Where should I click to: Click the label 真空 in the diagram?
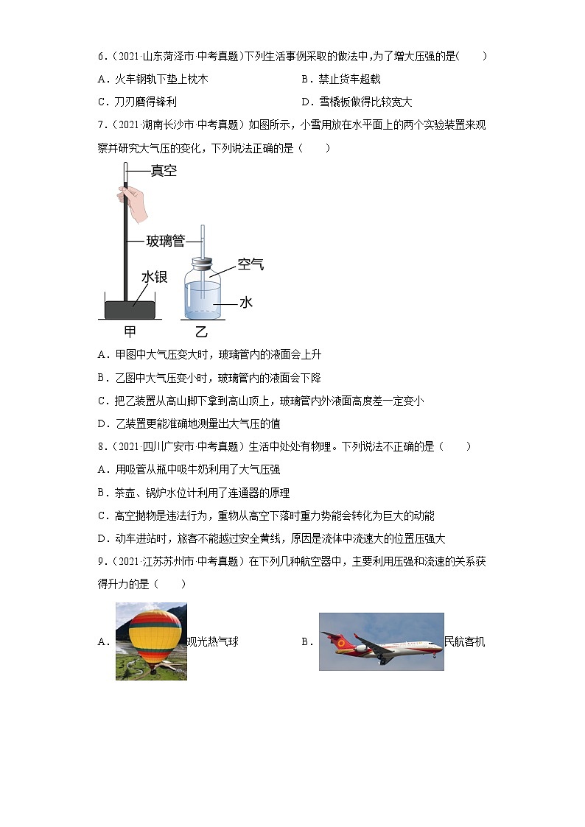point(164,171)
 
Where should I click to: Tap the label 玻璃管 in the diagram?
point(164,240)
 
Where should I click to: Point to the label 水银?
point(155,276)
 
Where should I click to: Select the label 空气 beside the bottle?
point(251,264)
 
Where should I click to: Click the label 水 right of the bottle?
point(246,303)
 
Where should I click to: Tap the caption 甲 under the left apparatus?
point(130,331)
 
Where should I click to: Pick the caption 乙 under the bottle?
point(201,331)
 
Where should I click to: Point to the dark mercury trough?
point(130,309)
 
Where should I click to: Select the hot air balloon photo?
point(151,641)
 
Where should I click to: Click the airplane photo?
point(381,641)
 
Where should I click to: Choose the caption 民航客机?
point(465,641)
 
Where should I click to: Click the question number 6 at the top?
point(101,56)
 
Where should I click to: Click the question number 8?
point(101,446)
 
